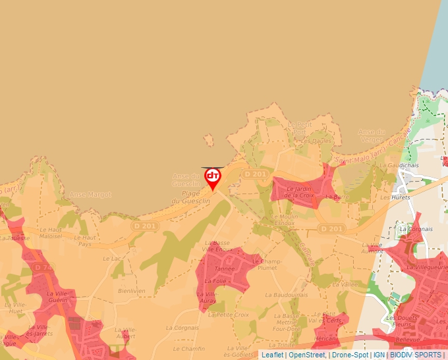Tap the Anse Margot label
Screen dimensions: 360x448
(x=90, y=195)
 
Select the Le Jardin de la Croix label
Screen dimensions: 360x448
(x=300, y=192)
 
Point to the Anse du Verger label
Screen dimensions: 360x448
(x=372, y=136)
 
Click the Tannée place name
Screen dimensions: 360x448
(x=224, y=269)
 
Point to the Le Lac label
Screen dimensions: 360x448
(x=112, y=259)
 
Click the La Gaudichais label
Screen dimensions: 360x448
(x=399, y=165)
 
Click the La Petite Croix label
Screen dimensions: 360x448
(x=228, y=315)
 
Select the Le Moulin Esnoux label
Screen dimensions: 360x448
(x=284, y=220)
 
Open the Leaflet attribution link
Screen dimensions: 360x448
(x=272, y=355)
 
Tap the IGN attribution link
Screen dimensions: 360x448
(x=379, y=355)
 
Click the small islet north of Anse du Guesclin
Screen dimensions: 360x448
(x=209, y=140)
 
